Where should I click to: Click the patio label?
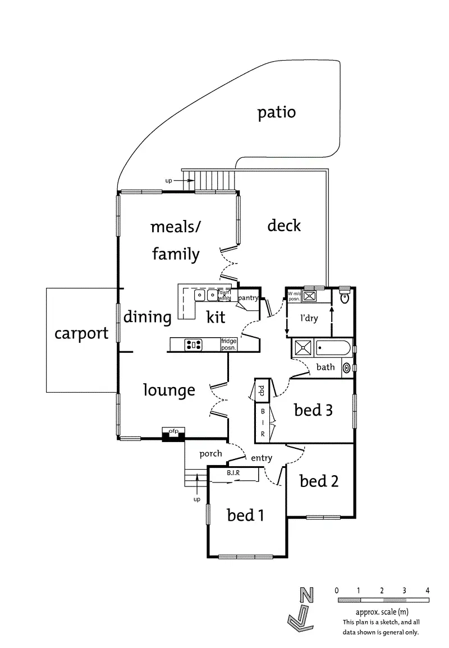point(277,113)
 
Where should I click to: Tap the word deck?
point(284,225)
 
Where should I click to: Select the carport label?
point(81,333)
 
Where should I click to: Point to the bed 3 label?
point(313,410)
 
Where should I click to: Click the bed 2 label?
point(319,481)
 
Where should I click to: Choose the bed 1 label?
point(245,516)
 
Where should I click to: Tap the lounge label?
point(169,390)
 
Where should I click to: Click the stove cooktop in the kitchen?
point(193,344)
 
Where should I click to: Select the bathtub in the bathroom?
point(333,348)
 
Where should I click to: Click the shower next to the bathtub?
point(304,348)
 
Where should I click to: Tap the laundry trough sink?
point(309,296)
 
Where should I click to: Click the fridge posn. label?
point(228,344)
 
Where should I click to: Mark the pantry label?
point(248,298)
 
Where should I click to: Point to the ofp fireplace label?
point(173,431)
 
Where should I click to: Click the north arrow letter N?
point(306,595)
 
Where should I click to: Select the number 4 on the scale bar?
point(428,591)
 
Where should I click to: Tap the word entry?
point(262,458)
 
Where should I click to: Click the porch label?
point(210,454)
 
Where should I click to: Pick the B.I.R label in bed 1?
point(233,473)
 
